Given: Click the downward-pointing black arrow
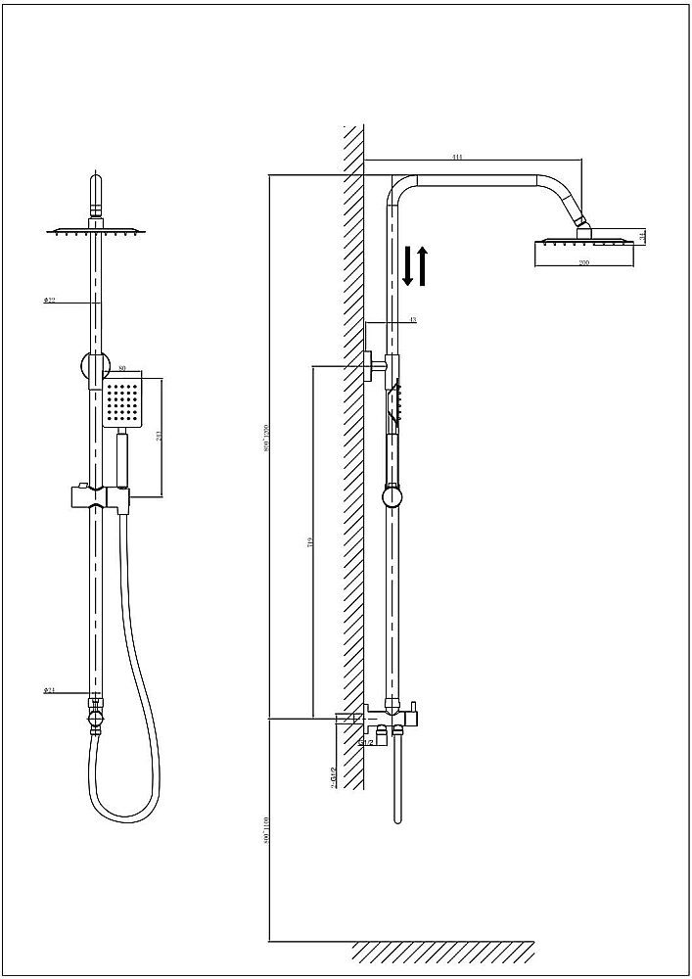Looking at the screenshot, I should point(409,266).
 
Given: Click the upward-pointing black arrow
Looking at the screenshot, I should point(423,266).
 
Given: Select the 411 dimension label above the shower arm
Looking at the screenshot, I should point(457,157).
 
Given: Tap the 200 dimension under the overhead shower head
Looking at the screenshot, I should point(583,263).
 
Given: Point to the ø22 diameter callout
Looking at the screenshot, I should point(48,301).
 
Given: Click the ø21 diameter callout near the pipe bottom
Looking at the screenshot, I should point(49,691).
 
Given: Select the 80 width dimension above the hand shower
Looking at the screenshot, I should point(122,369).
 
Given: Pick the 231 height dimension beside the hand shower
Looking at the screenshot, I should point(160,436).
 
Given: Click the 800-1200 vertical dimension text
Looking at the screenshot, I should point(266,445).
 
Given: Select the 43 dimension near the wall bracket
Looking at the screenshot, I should point(412,320).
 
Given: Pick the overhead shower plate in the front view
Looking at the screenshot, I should point(96,231).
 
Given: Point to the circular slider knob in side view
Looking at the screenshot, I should point(392,497).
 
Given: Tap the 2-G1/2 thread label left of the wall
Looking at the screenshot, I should point(334,778).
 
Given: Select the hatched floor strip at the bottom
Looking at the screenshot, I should point(442,951).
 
